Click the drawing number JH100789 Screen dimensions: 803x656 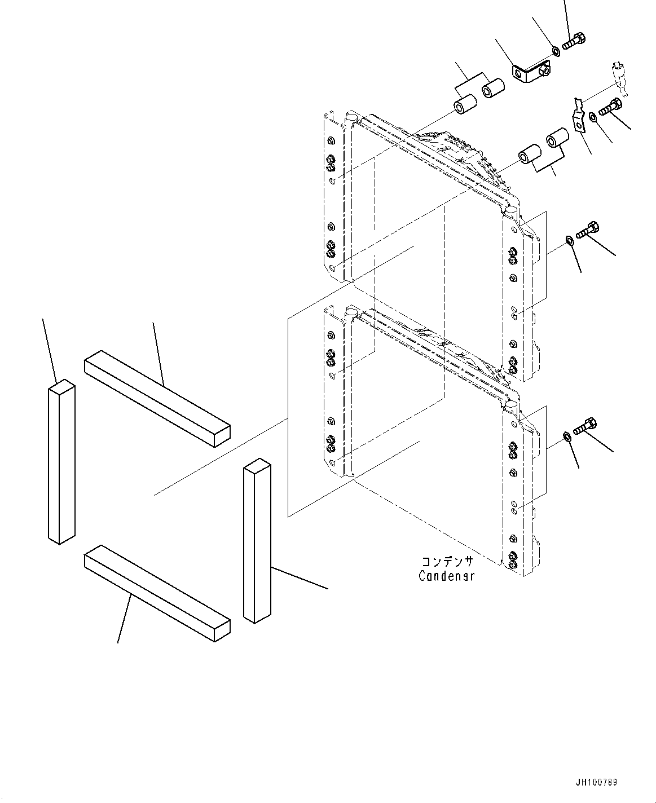(597, 783)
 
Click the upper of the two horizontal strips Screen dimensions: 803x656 (157, 398)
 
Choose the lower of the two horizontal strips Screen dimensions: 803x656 (157, 593)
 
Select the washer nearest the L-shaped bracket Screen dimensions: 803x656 (556, 52)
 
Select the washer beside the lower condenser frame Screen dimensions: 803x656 (568, 436)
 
